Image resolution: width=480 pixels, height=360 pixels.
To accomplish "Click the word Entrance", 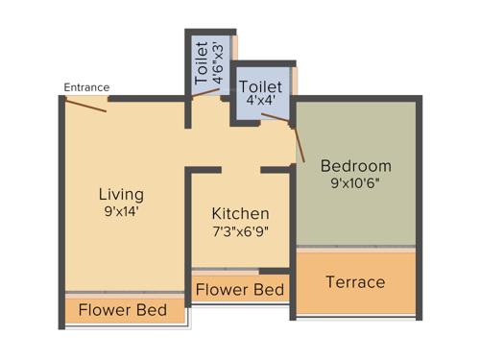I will [x=86, y=87].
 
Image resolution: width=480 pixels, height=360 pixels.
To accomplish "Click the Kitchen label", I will [x=240, y=213].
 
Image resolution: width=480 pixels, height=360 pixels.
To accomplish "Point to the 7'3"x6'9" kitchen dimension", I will [x=240, y=232].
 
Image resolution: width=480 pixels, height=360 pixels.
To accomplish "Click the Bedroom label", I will [x=356, y=164].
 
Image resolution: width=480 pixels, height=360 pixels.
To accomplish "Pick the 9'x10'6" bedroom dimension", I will [x=356, y=182].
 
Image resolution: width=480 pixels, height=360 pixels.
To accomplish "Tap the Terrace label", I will [x=355, y=282].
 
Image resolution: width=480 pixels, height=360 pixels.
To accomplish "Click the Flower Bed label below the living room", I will [x=123, y=311].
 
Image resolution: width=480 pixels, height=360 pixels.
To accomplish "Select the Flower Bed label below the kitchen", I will [x=239, y=289].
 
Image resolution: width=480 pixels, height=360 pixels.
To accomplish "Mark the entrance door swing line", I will [x=85, y=105].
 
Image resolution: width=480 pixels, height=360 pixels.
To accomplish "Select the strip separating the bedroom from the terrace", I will [x=356, y=249].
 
